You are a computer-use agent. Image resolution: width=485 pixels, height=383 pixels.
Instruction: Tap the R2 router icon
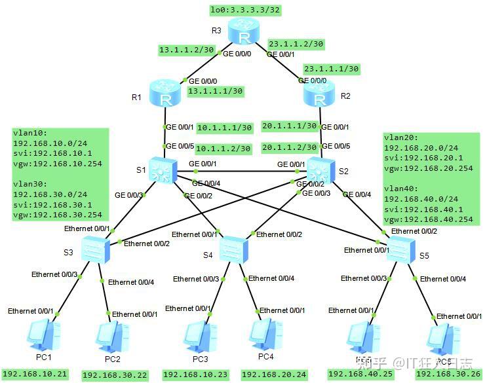tap(320, 94)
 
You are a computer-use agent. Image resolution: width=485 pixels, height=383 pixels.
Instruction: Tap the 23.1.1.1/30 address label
tap(331, 68)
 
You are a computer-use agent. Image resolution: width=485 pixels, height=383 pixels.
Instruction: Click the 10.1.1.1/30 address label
tap(223, 127)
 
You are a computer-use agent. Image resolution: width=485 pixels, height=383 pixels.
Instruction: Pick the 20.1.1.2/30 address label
tap(289, 148)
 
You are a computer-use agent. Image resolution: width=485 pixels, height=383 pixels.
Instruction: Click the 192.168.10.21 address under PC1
tap(35, 373)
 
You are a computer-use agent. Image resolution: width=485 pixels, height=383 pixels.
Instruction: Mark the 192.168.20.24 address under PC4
tap(273, 374)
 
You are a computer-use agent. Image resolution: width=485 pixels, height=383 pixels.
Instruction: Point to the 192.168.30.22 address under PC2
tap(114, 375)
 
